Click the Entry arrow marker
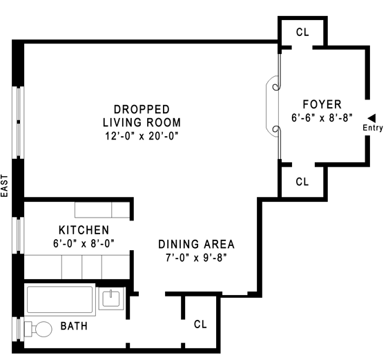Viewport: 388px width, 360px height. point(371,118)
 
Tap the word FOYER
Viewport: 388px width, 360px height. point(322,104)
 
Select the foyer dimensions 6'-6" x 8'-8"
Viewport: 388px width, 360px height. point(322,118)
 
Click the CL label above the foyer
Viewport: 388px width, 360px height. point(302,32)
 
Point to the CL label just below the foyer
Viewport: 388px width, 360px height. point(302,182)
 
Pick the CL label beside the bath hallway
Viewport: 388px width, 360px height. point(200,324)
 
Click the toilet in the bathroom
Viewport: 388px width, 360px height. point(38,329)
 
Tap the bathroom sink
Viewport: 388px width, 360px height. point(111,299)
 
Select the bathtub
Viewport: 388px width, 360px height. point(60,300)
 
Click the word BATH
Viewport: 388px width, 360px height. point(74,326)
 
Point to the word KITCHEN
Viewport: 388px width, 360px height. point(84,230)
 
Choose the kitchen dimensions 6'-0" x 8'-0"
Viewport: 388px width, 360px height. point(84,243)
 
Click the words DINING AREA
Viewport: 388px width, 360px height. point(196,244)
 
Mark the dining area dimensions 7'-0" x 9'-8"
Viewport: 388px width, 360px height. point(196,258)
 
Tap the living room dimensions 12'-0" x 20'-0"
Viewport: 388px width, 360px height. point(142,136)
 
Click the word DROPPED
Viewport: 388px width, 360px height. point(142,109)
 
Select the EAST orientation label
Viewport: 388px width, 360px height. point(5,186)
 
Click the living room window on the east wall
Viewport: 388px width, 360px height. point(19,122)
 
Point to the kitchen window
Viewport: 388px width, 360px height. point(19,235)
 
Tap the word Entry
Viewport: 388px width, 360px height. point(373,128)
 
